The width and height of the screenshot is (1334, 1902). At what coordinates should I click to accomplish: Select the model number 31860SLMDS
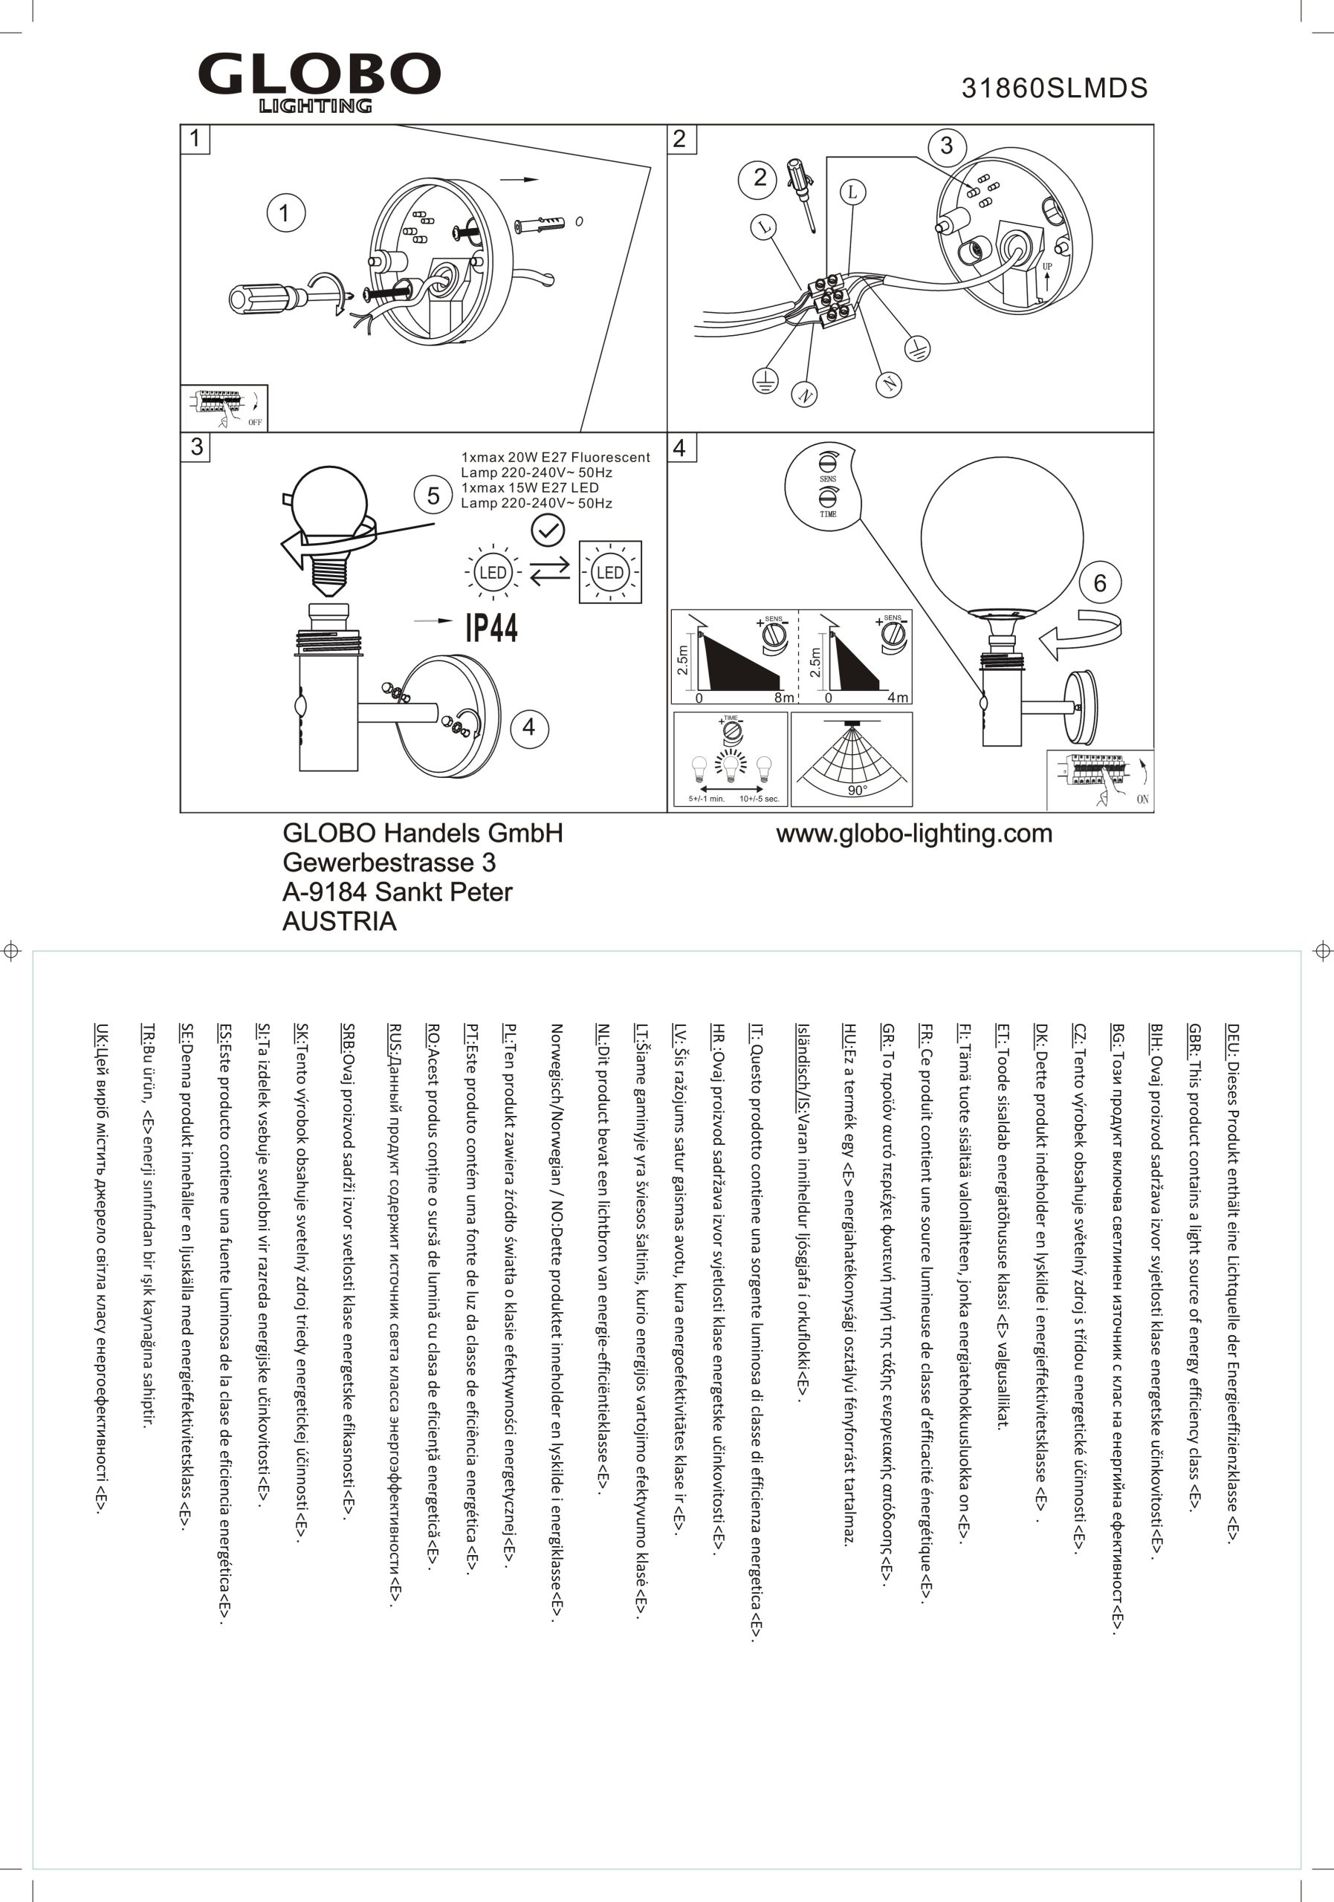point(1054,88)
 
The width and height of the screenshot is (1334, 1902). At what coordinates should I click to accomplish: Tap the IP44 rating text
point(491,628)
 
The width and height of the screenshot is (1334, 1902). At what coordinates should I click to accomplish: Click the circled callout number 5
point(433,496)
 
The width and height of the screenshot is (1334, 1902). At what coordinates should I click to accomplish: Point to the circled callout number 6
point(1099,583)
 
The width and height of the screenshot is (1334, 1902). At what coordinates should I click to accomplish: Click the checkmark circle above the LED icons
point(547,530)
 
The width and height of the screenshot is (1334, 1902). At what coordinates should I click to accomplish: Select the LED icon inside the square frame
point(610,572)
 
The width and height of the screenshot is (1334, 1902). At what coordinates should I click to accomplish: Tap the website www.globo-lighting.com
point(914,834)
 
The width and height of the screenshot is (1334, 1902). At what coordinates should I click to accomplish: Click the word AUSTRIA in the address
point(339,921)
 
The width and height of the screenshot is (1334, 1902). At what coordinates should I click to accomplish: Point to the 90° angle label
point(857,791)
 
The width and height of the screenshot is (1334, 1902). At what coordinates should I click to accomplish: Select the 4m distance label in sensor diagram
point(897,698)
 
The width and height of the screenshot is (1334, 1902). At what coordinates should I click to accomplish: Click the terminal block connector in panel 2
point(831,297)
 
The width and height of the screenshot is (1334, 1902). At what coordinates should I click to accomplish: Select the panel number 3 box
point(196,447)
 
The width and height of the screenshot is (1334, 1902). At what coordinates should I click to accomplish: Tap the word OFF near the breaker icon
point(254,423)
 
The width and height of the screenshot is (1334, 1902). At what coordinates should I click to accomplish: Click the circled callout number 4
point(528,727)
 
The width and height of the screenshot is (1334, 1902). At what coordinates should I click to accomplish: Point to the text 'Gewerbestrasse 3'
point(389,863)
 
